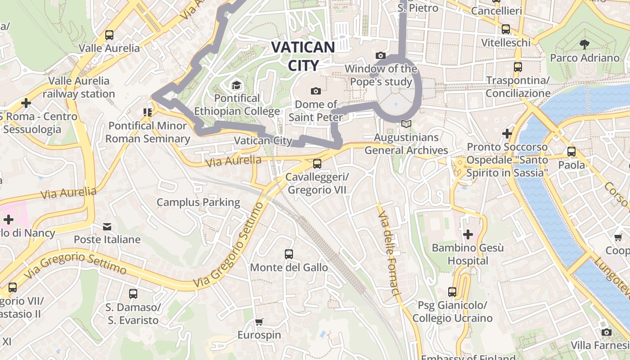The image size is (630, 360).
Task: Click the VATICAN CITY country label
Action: pyautogui.click(x=303, y=56)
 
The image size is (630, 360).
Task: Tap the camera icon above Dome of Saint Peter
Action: pyautogui.click(x=316, y=91)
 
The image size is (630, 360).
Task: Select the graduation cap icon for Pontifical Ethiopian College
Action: pyautogui.click(x=236, y=85)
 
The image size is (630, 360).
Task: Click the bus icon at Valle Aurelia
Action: pyautogui.click(x=109, y=35)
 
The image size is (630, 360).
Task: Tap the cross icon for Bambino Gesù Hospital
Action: pyautogui.click(x=468, y=234)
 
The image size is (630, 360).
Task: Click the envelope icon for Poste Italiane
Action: pyautogui.click(x=107, y=226)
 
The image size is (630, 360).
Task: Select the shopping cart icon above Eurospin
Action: pyautogui.click(x=259, y=322)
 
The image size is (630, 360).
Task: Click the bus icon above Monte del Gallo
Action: pyautogui.click(x=289, y=254)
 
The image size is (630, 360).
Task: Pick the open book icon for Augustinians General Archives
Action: pyautogui.click(x=406, y=124)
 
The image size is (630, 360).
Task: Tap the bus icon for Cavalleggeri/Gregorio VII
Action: pyautogui.click(x=317, y=164)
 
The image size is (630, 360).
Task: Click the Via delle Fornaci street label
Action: pyautogui.click(x=389, y=255)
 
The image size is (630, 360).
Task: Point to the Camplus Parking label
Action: pyautogui.click(x=198, y=202)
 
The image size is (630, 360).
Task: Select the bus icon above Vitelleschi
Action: pyautogui.click(x=506, y=29)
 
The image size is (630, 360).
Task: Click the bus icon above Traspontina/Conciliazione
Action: pyautogui.click(x=518, y=67)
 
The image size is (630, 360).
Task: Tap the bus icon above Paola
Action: pyautogui.click(x=571, y=152)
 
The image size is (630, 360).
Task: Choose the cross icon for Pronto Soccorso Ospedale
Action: pyautogui.click(x=507, y=134)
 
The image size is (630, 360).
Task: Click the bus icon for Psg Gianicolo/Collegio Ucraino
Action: pyautogui.click(x=452, y=292)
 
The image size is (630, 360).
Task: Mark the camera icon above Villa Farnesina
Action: pyautogui.click(x=607, y=332)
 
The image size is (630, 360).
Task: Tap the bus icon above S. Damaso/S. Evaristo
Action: pyautogui.click(x=133, y=294)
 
